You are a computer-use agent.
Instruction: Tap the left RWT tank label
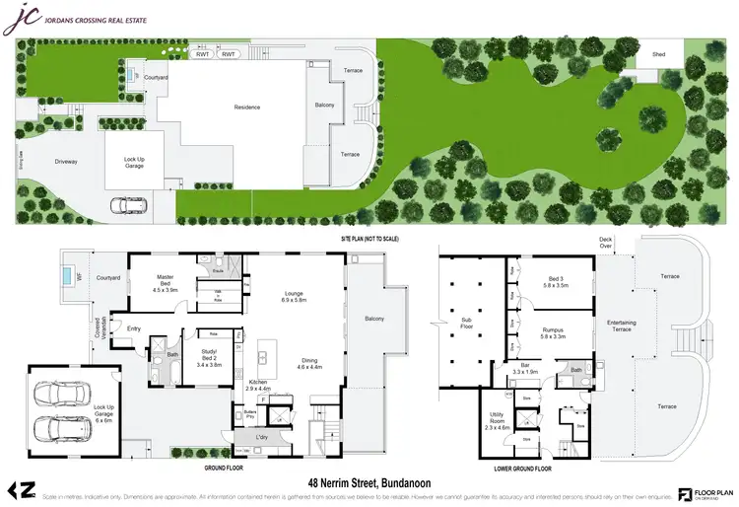(202, 54)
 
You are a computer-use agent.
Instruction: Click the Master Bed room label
(165, 286)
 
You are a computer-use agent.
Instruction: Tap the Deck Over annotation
(605, 243)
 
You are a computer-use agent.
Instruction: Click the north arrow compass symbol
(24, 487)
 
